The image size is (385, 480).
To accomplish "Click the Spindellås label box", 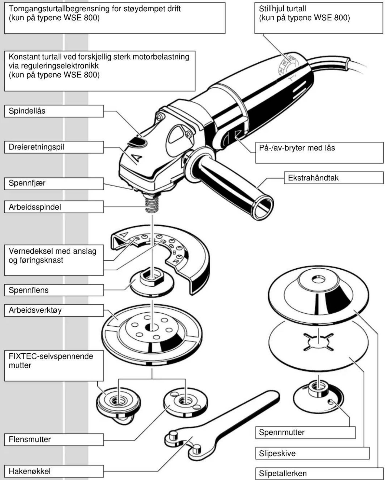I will [54, 111].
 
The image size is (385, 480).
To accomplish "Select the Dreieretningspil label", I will [54, 147].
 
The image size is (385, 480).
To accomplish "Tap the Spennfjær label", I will [54, 183].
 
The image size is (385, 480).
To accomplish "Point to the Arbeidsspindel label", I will [54, 207].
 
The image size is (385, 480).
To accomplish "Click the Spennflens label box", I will [54, 290].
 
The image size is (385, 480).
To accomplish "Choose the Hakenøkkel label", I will [54, 471].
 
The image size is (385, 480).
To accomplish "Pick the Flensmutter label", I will [54, 439].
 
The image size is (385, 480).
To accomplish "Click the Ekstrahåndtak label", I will [333, 178].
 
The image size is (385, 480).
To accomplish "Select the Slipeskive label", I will [312, 453].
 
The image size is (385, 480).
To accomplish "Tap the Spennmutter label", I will [305, 432].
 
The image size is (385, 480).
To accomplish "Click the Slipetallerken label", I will [319, 474].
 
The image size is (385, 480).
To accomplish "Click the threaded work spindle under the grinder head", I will [152, 205].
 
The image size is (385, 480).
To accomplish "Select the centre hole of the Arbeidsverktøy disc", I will [152, 327].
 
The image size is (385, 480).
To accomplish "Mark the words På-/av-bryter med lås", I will [297, 148].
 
